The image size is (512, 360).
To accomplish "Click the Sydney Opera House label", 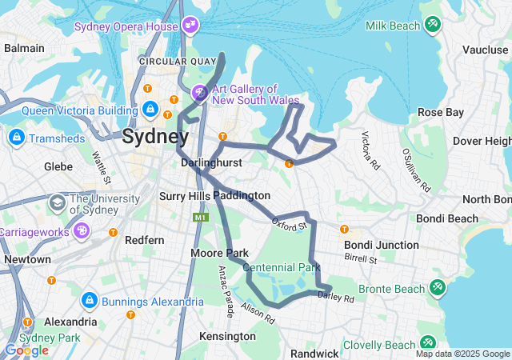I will (126, 26).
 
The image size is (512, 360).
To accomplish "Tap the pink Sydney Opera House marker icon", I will (190, 26).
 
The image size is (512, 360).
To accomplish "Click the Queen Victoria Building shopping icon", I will (150, 108).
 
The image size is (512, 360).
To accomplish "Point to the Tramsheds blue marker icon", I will (15, 138).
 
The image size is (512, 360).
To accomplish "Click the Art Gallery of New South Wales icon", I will (199, 94).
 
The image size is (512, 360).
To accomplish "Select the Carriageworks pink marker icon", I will (81, 230).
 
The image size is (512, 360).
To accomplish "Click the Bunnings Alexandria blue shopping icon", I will (90, 302).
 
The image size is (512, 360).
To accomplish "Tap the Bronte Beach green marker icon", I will (438, 287).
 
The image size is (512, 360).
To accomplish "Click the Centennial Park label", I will (281, 267).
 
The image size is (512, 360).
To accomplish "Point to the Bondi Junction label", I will (381, 245).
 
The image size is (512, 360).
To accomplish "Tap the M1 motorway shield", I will (199, 217).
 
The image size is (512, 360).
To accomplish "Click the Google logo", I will (26, 350).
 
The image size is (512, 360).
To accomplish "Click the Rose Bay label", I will (440, 112).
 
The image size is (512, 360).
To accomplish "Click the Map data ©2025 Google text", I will (462, 354).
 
